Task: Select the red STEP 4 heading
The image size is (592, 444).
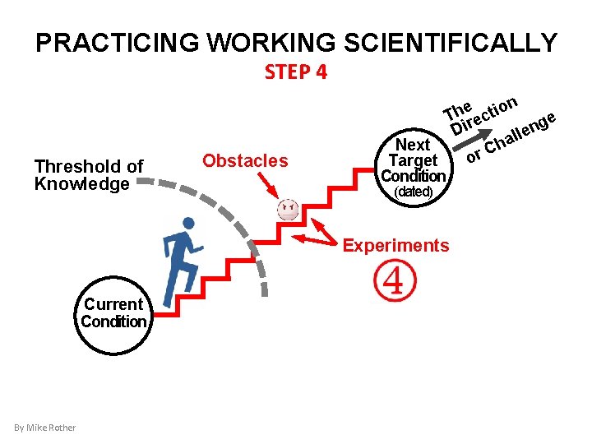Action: pos(296,72)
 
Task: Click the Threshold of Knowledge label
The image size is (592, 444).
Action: pos(89,175)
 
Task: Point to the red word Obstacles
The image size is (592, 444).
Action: pos(245,160)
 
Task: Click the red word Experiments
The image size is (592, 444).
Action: pos(395,246)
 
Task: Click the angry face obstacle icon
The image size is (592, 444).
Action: pos(288,209)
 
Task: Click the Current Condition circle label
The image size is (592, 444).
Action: pos(113,312)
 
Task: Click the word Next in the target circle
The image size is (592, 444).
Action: pos(413,146)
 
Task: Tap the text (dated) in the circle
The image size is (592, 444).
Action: pos(414,192)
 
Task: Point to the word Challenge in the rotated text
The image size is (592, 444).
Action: pos(522,132)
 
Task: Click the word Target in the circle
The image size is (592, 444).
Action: pos(413,160)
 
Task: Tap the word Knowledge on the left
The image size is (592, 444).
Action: pos(82,183)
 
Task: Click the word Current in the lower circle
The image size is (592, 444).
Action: pos(113,304)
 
